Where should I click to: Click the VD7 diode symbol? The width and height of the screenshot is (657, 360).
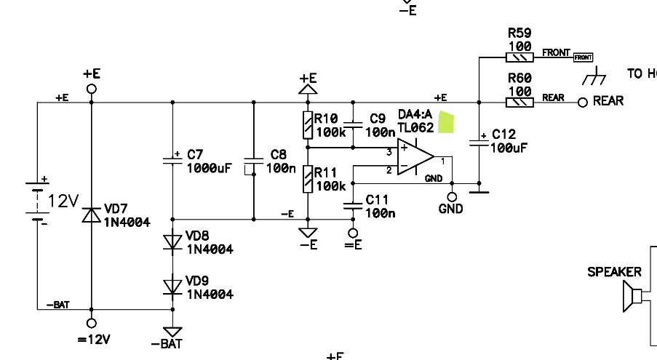click(x=92, y=215)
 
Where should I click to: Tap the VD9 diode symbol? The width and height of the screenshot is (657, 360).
click(x=172, y=287)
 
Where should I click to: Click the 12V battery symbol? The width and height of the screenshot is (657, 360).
click(x=37, y=200)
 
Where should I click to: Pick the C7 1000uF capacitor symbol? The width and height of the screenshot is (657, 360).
click(x=172, y=160)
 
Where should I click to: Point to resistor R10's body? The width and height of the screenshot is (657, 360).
click(x=308, y=125)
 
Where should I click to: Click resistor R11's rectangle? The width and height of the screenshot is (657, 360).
click(x=308, y=179)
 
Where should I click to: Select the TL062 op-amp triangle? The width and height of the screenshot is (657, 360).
click(x=415, y=157)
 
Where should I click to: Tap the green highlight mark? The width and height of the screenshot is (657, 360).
click(x=446, y=122)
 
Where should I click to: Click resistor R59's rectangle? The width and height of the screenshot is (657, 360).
click(x=519, y=57)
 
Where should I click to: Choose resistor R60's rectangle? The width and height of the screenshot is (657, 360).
click(x=519, y=102)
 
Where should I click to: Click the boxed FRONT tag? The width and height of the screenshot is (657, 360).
click(x=584, y=57)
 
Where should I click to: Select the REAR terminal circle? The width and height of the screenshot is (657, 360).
click(x=582, y=102)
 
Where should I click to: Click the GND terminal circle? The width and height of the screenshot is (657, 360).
click(x=452, y=196)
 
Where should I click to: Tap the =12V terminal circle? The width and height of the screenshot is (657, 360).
click(x=92, y=323)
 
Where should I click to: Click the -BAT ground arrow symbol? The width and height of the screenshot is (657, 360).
click(x=172, y=332)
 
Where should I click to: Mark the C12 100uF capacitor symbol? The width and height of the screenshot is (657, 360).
click(x=479, y=142)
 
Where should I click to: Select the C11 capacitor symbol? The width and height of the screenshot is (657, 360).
click(x=353, y=206)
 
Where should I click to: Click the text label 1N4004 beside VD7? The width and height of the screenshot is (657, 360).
click(x=127, y=223)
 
